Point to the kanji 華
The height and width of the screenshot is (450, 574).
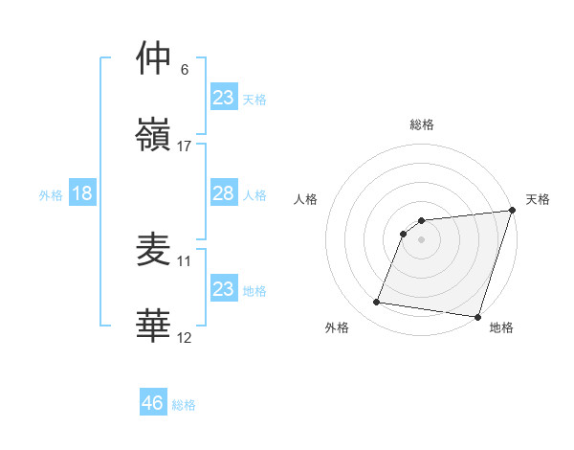[154, 325]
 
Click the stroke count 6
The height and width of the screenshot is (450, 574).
[185, 70]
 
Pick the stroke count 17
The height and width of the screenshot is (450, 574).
[185, 146]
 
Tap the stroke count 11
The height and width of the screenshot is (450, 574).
[185, 260]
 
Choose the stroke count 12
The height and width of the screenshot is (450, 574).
[185, 337]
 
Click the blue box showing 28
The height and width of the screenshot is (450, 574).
[223, 193]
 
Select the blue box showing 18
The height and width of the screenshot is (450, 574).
[82, 193]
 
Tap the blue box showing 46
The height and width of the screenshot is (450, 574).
[153, 403]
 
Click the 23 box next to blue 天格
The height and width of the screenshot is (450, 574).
[223, 97]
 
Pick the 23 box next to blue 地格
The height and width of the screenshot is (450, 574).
[223, 288]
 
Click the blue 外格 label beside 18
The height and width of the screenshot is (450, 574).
[51, 195]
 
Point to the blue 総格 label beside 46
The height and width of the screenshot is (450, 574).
[184, 405]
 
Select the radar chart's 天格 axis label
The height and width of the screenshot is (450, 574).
[538, 199]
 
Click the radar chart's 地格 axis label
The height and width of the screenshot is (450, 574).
[501, 327]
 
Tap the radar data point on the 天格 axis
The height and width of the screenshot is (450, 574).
[512, 212]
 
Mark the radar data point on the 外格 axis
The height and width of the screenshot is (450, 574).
[377, 303]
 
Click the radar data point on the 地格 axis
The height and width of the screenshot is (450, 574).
[477, 316]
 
